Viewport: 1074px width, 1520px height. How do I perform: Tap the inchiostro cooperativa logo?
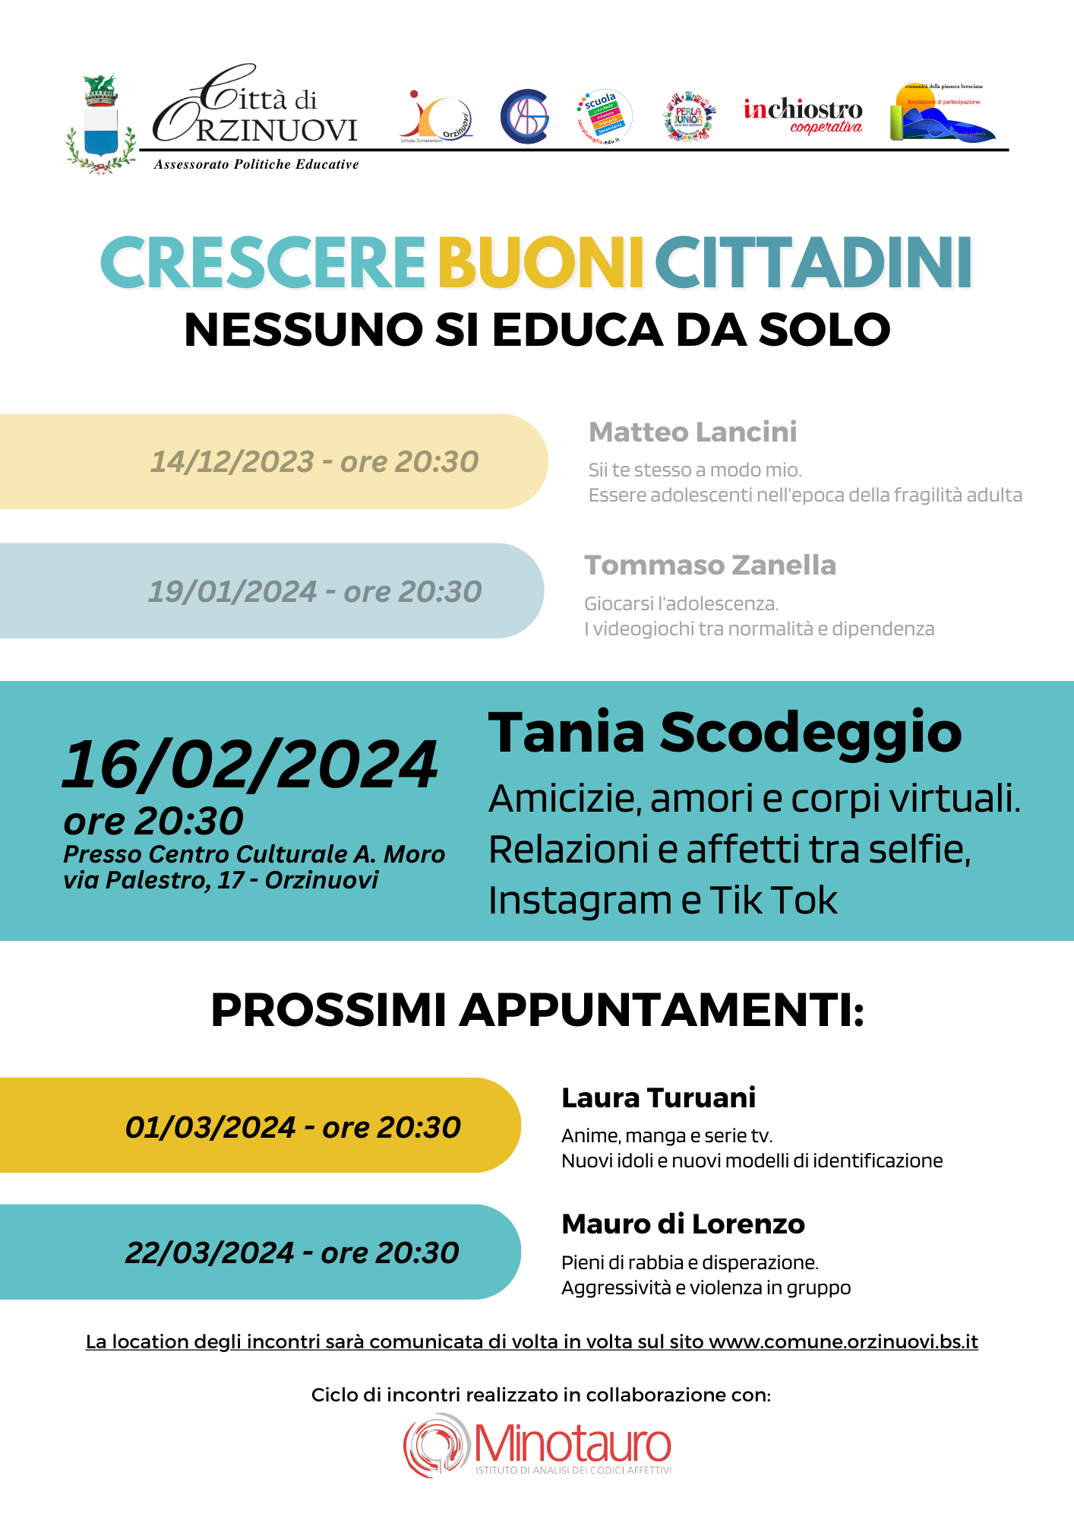[x=803, y=116]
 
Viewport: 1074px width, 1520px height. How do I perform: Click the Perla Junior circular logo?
[x=689, y=117]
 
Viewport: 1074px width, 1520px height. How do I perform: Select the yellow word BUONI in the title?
[x=541, y=262]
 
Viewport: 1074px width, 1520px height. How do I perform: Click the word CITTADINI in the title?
[x=813, y=262]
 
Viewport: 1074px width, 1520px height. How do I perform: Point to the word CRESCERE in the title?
[x=263, y=262]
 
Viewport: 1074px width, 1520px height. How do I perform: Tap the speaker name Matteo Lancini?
[x=693, y=432]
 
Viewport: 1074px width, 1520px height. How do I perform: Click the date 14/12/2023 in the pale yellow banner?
[x=232, y=461]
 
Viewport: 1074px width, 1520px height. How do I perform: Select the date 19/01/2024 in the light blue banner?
[x=232, y=591]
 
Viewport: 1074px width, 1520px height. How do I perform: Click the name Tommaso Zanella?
[x=709, y=565]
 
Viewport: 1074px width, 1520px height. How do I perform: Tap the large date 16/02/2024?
[x=250, y=765]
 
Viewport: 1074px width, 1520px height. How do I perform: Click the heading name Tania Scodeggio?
[x=725, y=732]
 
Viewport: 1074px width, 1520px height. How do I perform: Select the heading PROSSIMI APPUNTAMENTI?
[x=537, y=1010]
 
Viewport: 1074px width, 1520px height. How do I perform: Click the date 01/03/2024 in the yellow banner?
[x=210, y=1127]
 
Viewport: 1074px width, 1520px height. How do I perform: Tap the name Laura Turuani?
[x=659, y=1097]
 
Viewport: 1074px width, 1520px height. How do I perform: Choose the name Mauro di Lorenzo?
[x=683, y=1224]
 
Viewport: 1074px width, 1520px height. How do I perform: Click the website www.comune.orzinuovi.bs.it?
[x=843, y=1341]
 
